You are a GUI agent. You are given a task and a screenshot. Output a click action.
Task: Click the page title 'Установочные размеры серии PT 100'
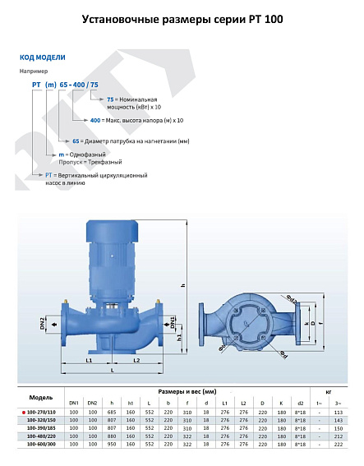coord(182,19)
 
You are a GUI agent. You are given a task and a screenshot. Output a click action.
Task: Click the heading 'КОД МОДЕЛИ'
coord(42,58)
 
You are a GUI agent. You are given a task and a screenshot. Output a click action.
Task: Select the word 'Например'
coord(33,72)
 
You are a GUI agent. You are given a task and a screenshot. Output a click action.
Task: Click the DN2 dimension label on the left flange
coord(43,324)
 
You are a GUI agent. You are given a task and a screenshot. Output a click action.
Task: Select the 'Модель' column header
coord(41,397)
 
